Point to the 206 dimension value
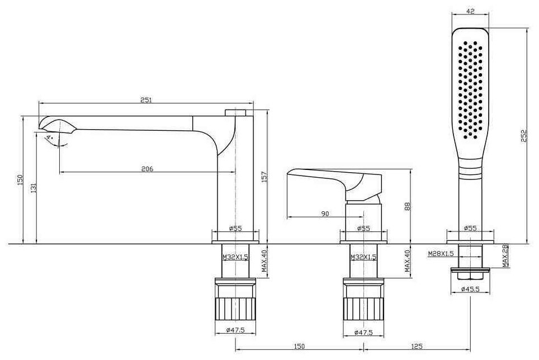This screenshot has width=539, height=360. [146, 168]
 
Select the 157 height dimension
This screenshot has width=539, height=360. [265, 176]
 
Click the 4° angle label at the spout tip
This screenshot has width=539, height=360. [49, 137]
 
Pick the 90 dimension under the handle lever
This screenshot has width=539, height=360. [325, 213]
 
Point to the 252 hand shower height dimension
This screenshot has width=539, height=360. [524, 136]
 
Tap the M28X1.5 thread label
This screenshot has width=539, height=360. [440, 253]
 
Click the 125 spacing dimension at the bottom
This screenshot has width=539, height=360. [417, 346]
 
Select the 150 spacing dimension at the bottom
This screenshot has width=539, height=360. [299, 346]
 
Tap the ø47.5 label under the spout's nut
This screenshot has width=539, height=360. [235, 331]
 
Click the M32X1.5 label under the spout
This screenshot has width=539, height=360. [235, 257]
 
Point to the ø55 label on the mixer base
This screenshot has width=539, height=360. [363, 228]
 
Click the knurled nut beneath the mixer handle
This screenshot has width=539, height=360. [364, 307]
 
